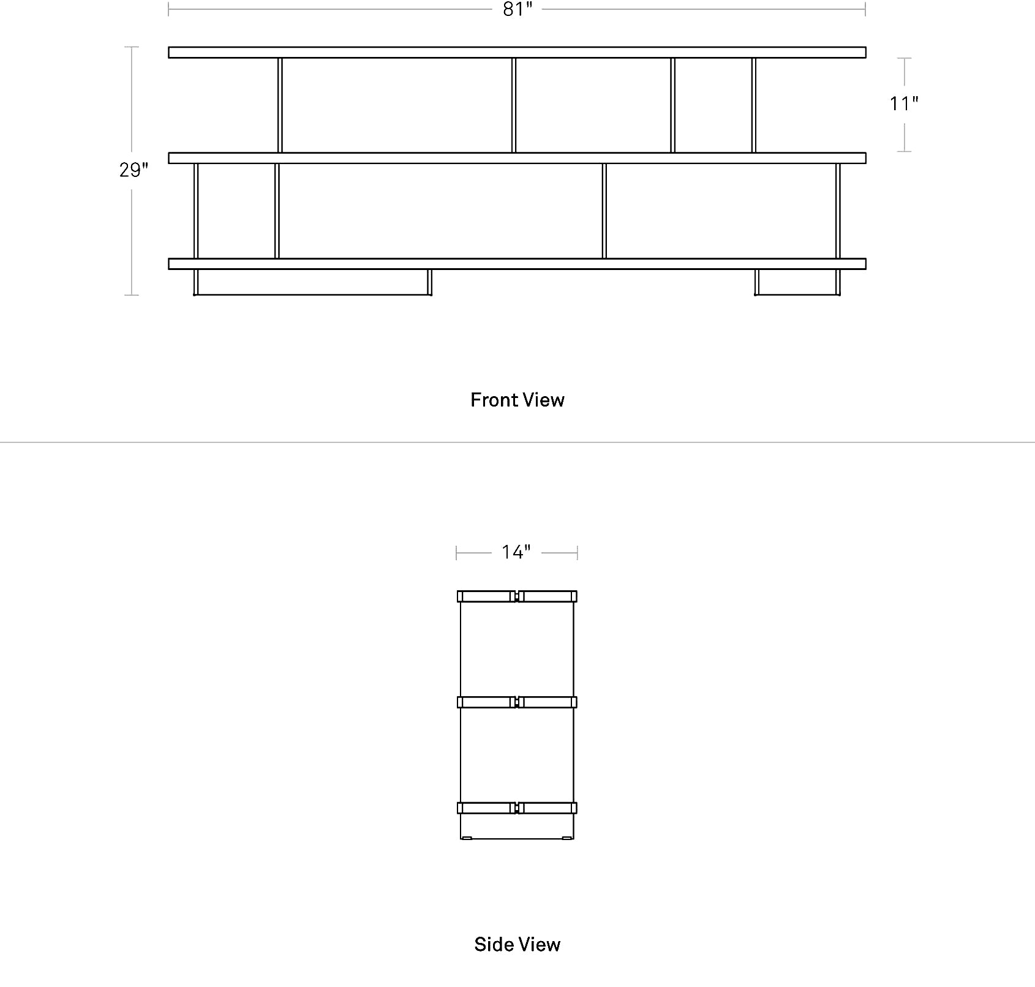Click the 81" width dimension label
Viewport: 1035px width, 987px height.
[517, 10]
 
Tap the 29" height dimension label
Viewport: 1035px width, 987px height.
[134, 170]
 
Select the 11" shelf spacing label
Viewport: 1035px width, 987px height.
[904, 104]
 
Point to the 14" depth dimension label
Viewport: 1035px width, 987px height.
[516, 552]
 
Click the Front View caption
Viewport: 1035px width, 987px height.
[517, 400]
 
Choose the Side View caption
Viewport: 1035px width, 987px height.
[517, 944]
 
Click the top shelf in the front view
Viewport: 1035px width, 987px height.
[517, 52]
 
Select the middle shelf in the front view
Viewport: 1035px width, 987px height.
[517, 158]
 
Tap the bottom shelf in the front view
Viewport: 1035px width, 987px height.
[517, 264]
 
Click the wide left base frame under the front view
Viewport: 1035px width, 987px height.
[312, 294]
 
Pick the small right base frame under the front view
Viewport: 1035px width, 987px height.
[797, 294]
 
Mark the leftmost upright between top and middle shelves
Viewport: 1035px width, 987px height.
[280, 105]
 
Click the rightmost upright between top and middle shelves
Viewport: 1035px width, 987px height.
[754, 105]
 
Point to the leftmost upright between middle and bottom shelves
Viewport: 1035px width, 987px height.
[196, 211]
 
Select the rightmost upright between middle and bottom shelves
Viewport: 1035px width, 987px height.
[838, 211]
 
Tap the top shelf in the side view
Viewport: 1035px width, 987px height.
[517, 596]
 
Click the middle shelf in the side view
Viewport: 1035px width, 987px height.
[517, 702]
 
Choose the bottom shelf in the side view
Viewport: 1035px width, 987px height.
[517, 808]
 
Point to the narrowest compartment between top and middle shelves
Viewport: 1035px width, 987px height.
[713, 105]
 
